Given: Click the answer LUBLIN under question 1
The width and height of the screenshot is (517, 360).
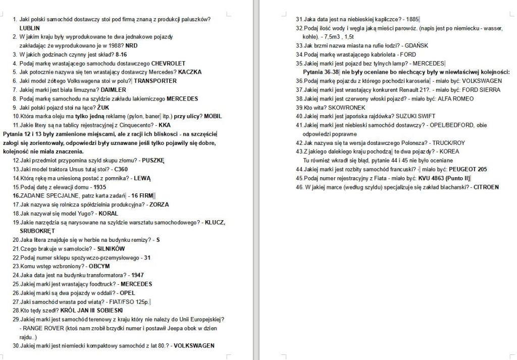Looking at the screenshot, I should click(29, 28).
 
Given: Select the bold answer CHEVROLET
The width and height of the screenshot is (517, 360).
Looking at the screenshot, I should click(169, 63).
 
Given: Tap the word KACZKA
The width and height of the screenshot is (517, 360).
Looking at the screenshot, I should click(190, 72).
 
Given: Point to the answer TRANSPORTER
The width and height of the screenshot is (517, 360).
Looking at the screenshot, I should click(155, 81).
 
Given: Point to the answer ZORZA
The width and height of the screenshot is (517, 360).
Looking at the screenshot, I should click(159, 204).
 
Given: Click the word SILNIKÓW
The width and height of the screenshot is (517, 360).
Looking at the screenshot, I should click(111, 249).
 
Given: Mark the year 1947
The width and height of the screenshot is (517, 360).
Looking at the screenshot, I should click(137, 275).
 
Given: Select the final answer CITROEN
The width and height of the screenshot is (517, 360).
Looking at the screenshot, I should click(486, 187).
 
